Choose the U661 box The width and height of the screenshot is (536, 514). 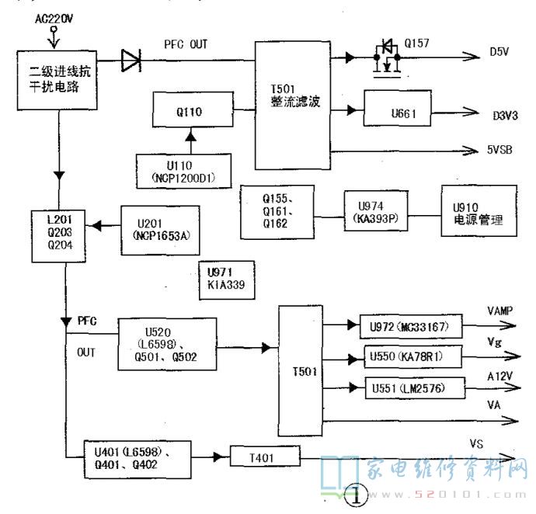(405, 113)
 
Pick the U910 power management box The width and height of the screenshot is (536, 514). (477, 212)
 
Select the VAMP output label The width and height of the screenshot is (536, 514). (500, 308)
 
